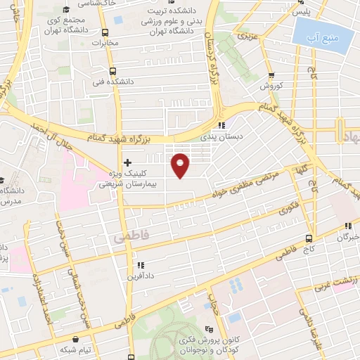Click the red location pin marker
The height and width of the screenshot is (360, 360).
click(x=181, y=164)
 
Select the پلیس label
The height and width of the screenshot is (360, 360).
click(x=301, y=13)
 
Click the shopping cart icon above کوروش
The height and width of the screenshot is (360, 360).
click(x=271, y=77)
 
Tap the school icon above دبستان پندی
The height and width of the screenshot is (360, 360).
click(x=222, y=127)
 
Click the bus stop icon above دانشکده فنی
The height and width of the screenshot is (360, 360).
click(x=112, y=71)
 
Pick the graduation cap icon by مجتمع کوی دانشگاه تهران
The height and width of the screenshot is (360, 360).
click(x=65, y=9)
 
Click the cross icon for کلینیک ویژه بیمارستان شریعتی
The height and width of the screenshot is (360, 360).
click(x=127, y=162)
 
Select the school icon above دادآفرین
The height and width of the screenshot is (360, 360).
click(x=140, y=266)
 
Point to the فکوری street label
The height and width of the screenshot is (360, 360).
click(x=288, y=209)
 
